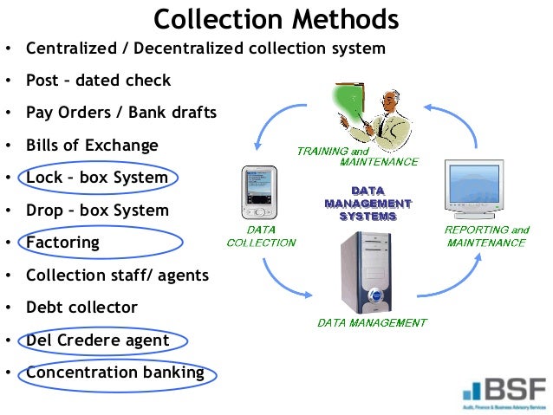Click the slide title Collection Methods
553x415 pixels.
276,19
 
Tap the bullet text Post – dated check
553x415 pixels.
98,81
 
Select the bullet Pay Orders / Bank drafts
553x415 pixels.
121,113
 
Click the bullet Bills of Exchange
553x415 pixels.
92,146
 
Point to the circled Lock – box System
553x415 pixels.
97,178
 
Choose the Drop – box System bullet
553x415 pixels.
97,210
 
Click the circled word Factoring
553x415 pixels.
62,243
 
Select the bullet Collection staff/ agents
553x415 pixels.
117,276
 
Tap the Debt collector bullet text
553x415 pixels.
81,308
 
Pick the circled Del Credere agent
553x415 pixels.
97,340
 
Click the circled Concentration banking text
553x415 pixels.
115,373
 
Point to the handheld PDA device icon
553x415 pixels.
258,191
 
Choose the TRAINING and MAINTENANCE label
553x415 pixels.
357,157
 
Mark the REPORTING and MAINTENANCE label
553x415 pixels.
486,237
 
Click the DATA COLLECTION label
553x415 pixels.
261,237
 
